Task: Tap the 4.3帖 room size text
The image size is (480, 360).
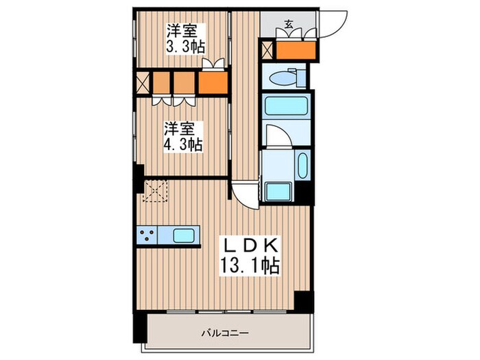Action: tap(182, 145)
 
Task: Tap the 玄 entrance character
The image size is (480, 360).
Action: tap(289, 25)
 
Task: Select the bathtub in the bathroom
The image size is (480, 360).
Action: tap(284, 106)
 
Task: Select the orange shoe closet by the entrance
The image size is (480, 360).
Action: tap(296, 50)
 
